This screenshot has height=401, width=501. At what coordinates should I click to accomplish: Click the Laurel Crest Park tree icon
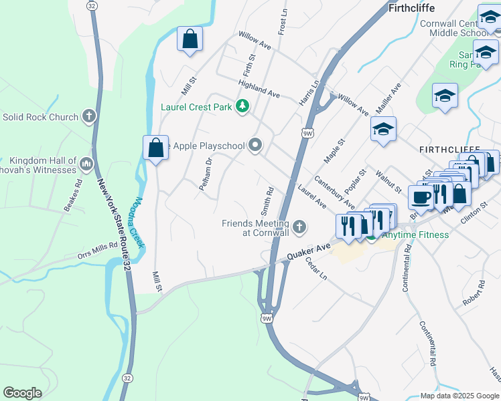pos(242,107)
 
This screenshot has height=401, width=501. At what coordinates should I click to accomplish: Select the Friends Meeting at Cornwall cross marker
pos(299,228)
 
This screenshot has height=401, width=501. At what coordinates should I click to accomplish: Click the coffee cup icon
pos(420,197)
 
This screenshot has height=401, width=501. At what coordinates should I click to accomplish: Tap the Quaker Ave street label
pos(309,252)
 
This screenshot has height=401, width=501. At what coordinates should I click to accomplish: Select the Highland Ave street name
pos(259,88)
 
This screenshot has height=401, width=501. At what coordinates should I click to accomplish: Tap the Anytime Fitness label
pos(415,235)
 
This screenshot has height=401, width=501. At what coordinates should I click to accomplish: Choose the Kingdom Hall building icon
pos(86,164)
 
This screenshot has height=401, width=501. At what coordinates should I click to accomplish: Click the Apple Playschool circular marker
pos(255,145)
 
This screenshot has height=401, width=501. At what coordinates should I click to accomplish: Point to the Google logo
pos(22,393)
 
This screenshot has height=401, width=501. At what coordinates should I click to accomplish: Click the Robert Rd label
pos(474,293)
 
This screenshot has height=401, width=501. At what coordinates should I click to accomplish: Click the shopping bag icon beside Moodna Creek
pos(155,148)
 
